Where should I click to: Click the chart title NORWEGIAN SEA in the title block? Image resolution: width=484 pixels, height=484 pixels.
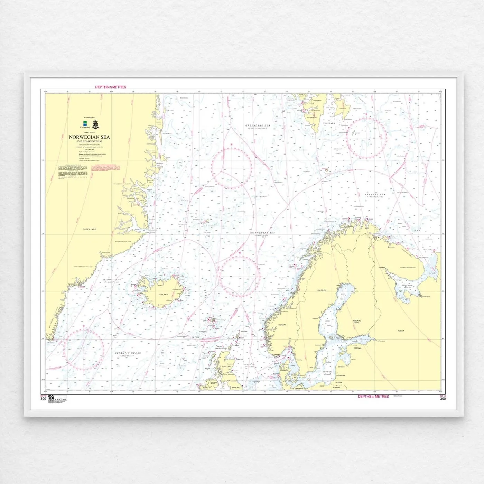tap(89, 137)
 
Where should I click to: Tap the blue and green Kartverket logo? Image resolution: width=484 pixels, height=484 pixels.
tap(85, 124)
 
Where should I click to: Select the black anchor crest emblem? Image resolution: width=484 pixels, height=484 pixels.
tap(96, 124)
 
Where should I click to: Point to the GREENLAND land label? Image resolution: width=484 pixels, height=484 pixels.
tap(90, 229)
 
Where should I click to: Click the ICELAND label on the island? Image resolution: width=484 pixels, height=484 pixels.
tap(163, 295)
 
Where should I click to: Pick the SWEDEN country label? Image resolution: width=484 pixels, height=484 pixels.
tap(322, 290)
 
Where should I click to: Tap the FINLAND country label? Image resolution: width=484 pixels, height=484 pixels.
tap(357, 321)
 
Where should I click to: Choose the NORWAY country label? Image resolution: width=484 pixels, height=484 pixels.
tap(282, 325)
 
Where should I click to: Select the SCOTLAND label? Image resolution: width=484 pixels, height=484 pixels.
tap(226, 367)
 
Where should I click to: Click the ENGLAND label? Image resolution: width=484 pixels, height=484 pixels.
tap(236, 388)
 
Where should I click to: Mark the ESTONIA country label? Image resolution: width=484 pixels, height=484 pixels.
tap(357, 348)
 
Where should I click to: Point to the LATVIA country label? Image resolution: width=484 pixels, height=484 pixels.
tap(342, 367)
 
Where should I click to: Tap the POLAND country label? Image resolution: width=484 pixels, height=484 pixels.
tap(336, 388)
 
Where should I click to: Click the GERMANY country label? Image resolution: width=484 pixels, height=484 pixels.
tap(299, 389)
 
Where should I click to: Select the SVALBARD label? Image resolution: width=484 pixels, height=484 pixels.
tap(329, 123)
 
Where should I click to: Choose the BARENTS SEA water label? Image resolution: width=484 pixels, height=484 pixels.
tap(375, 195)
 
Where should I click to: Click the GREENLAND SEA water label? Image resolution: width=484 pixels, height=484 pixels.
tap(258, 125)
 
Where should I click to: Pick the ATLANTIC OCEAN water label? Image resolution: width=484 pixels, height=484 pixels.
tap(128, 353)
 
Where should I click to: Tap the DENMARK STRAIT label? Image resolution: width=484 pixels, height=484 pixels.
tap(112, 280)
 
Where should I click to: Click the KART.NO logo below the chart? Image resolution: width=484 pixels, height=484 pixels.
tap(57, 399)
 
